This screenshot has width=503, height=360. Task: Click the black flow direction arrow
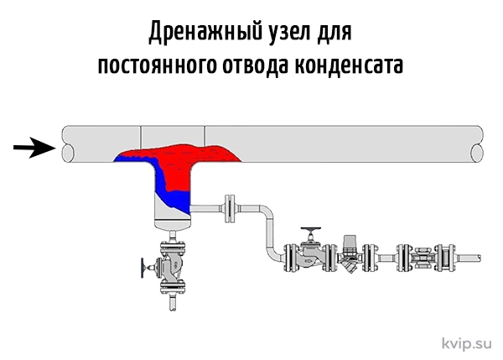pyautogui.click(x=34, y=148)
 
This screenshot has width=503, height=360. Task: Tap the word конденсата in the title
pyautogui.click(x=349, y=65)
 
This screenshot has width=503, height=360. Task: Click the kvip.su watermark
pyautogui.click(x=466, y=343)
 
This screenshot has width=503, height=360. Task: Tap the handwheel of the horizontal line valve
pyautogui.click(x=310, y=229)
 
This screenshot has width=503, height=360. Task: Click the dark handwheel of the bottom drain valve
pyautogui.click(x=143, y=267)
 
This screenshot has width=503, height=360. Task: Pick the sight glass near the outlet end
pyautogui.click(x=425, y=258)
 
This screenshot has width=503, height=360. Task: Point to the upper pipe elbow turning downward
pyautogui.click(x=266, y=211)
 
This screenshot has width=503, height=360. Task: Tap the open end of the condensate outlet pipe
pyautogui.click(x=480, y=258)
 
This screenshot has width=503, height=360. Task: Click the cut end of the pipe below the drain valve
pyautogui.click(x=173, y=309)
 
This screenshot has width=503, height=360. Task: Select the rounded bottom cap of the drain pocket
pyautogui.click(x=173, y=225)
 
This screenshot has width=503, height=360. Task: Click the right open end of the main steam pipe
pyautogui.click(x=477, y=153)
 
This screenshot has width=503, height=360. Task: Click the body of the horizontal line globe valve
pyautogui.click(x=309, y=257)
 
